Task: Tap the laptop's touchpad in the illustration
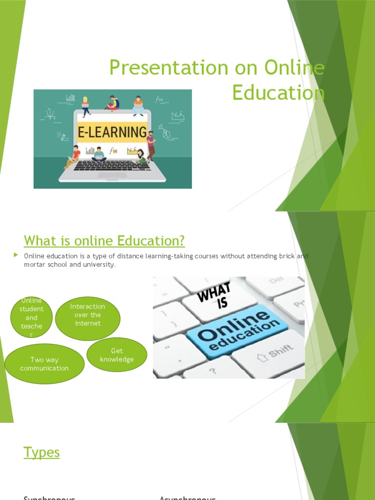point(112,175)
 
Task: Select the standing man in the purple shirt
point(151,146)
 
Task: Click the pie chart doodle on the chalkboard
point(166,133)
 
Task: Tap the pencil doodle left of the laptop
point(62,137)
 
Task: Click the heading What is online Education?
point(104,241)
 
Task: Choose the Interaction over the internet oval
point(87,315)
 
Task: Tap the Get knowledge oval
point(117,355)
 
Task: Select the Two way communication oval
point(44,364)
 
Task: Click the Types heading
point(42,453)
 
